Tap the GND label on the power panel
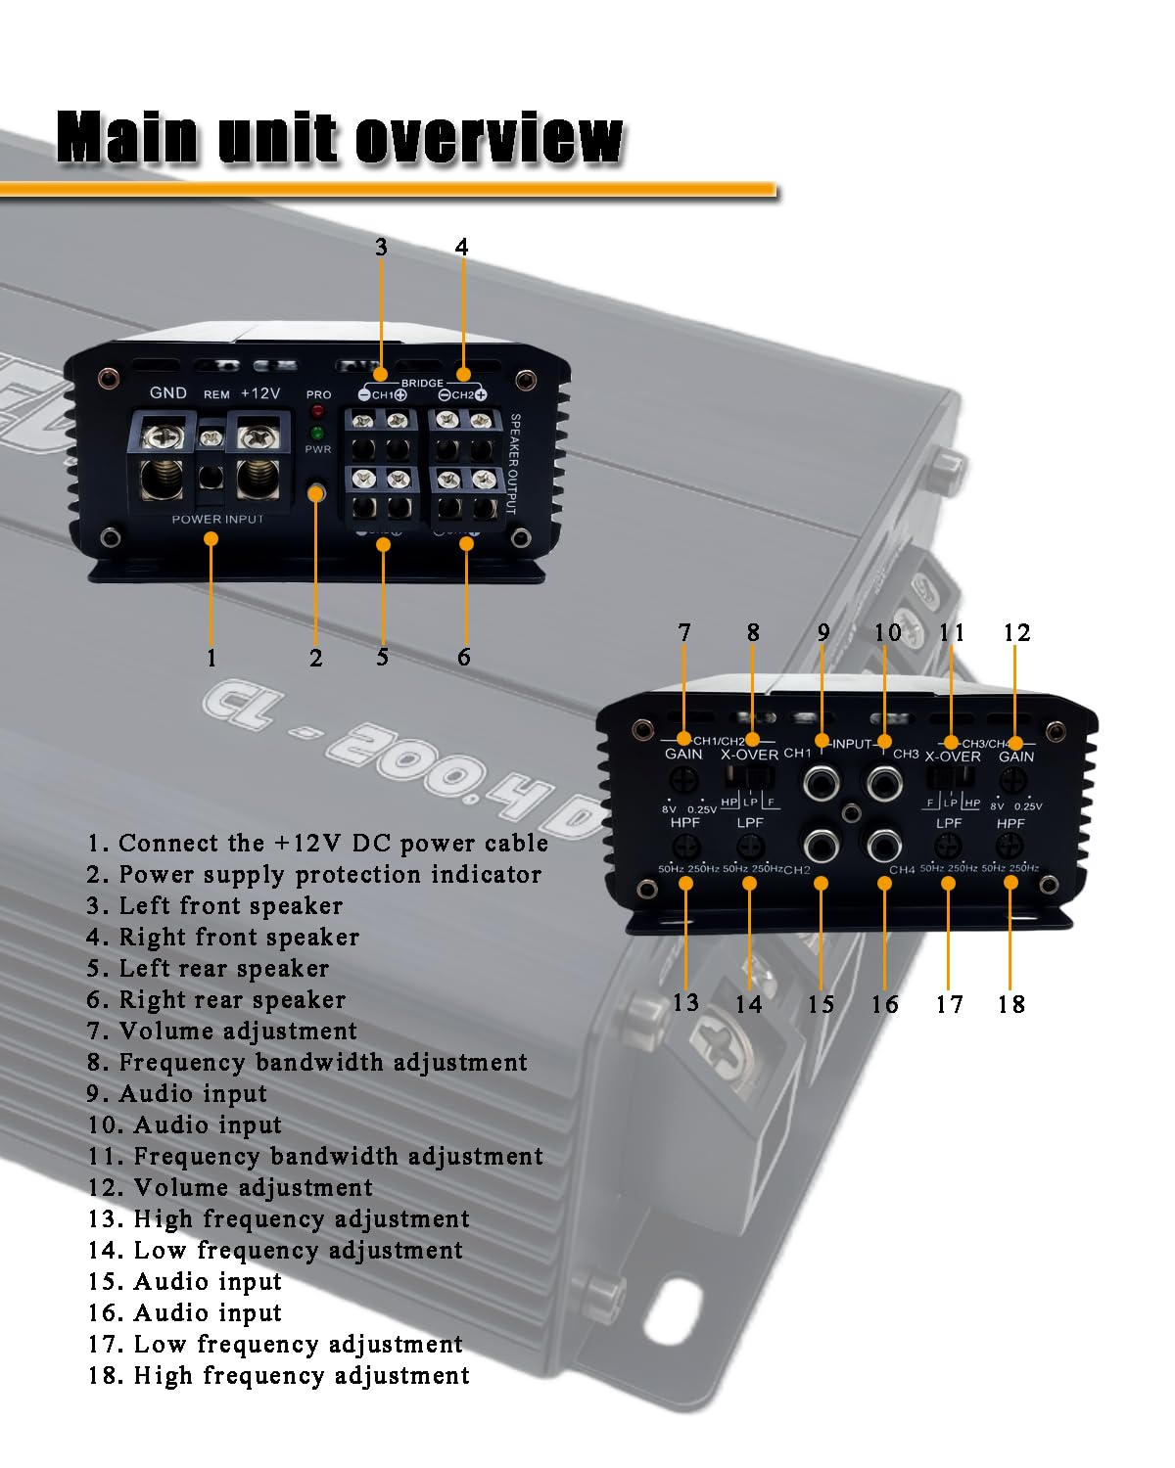coord(168,392)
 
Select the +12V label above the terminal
coord(260,392)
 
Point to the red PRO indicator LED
coord(317,411)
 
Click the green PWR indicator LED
coord(317,433)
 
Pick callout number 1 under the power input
coord(211,658)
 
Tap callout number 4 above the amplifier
coord(462,247)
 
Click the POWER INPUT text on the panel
coord(217,519)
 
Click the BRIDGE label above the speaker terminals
coord(422,383)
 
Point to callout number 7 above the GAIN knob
coord(684,633)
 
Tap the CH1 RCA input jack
coord(821,783)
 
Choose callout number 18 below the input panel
coord(1011,1004)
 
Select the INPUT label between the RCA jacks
coord(852,744)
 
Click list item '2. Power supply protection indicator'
coord(313,874)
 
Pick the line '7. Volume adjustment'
coord(222,1031)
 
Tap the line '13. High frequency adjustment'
coord(279,1218)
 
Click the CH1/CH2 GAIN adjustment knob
coord(683,780)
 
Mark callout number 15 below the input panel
coord(821,1004)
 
